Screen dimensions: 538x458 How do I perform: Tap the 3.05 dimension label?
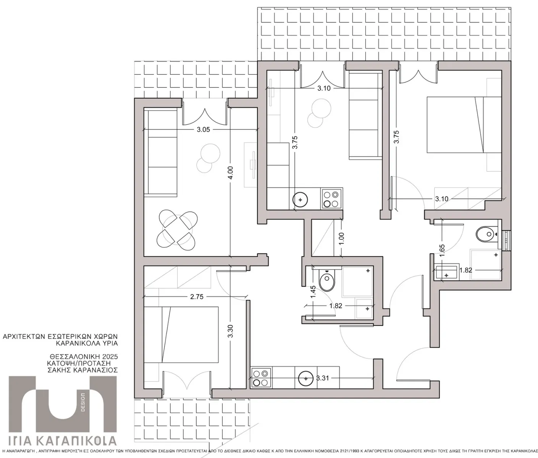point(203,130)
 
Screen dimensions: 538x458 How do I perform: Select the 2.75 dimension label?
point(197,297)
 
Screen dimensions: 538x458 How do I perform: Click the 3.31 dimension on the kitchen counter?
point(323,378)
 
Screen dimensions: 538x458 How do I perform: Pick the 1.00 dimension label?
point(342,238)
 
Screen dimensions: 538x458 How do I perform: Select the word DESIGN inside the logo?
point(83,402)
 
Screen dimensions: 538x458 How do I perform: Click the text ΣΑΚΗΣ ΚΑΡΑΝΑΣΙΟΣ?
point(83,370)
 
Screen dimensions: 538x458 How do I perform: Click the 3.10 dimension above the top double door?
point(324,88)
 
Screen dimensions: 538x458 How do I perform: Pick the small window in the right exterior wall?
point(506,241)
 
